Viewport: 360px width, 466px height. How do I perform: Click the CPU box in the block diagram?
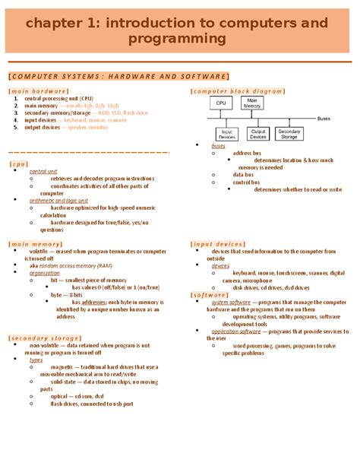[221, 103]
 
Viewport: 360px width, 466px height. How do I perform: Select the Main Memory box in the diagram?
[254, 103]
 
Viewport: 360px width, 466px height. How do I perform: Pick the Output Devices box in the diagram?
[258, 134]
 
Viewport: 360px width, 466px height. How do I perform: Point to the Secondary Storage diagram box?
[289, 134]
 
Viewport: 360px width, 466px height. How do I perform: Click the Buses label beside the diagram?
[324, 119]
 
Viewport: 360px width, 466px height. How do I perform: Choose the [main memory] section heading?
[36, 244]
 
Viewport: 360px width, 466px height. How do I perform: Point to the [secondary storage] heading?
[43, 338]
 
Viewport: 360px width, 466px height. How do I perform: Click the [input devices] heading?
[217, 244]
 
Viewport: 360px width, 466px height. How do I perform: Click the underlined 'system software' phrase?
[231, 303]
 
